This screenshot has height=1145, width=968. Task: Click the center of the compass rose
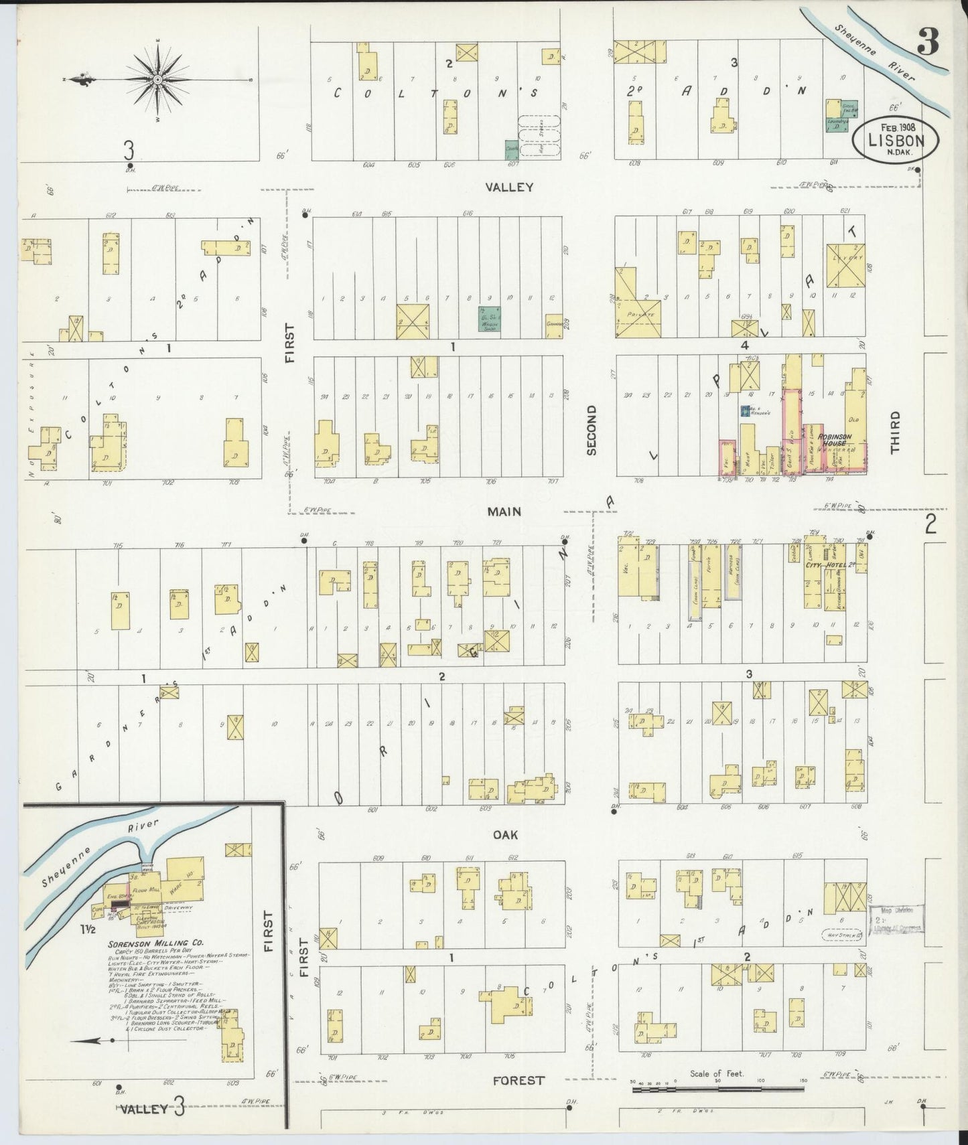coord(157,80)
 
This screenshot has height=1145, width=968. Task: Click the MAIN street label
coord(504,512)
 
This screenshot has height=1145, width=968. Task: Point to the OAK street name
coord(506,835)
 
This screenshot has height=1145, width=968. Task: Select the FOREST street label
coord(518,1080)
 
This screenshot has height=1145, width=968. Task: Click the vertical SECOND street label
coord(592,430)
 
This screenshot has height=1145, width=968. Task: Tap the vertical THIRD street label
coord(895,433)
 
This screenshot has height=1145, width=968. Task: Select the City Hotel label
coord(827,565)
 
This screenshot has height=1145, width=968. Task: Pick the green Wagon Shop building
coord(491,319)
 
